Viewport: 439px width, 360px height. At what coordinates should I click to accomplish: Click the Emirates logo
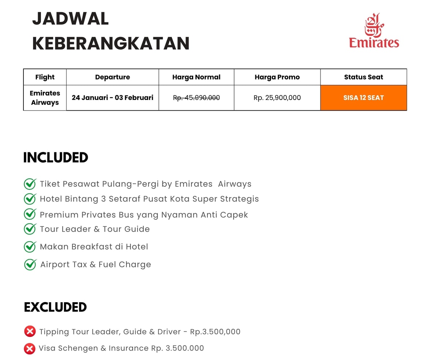pyautogui.click(x=374, y=31)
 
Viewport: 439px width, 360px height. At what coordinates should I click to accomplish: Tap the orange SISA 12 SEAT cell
pyautogui.click(x=363, y=98)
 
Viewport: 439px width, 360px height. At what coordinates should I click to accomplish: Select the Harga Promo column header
pyautogui.click(x=277, y=77)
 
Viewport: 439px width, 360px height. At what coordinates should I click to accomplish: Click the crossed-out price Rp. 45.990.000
pyautogui.click(x=196, y=98)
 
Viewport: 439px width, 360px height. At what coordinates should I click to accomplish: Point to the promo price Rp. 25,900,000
pyautogui.click(x=277, y=98)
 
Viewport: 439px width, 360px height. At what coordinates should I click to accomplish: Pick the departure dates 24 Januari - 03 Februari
pyautogui.click(x=112, y=98)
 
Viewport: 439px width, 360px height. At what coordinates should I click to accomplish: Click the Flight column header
pyautogui.click(x=45, y=77)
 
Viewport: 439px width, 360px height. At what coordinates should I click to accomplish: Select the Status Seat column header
pyautogui.click(x=363, y=77)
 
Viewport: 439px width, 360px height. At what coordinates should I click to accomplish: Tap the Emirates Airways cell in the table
pyautogui.click(x=45, y=98)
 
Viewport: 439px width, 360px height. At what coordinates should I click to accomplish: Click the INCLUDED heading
pyautogui.click(x=56, y=157)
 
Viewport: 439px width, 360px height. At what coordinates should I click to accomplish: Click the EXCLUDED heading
pyautogui.click(x=55, y=307)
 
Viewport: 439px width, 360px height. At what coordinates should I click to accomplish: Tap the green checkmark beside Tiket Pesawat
pyautogui.click(x=30, y=183)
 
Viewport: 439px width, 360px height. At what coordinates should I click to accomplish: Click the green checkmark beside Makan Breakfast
pyautogui.click(x=30, y=246)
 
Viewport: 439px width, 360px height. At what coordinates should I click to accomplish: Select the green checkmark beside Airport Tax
pyautogui.click(x=30, y=264)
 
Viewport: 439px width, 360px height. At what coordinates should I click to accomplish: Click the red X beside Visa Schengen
pyautogui.click(x=29, y=349)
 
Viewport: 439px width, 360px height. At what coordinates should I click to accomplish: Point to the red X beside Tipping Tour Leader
pyautogui.click(x=30, y=332)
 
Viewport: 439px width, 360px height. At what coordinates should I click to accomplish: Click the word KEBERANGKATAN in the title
pyautogui.click(x=111, y=43)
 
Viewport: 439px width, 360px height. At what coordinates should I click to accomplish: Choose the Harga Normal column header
pyautogui.click(x=196, y=77)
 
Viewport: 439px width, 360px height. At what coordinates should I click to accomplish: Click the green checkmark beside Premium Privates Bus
pyautogui.click(x=30, y=214)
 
